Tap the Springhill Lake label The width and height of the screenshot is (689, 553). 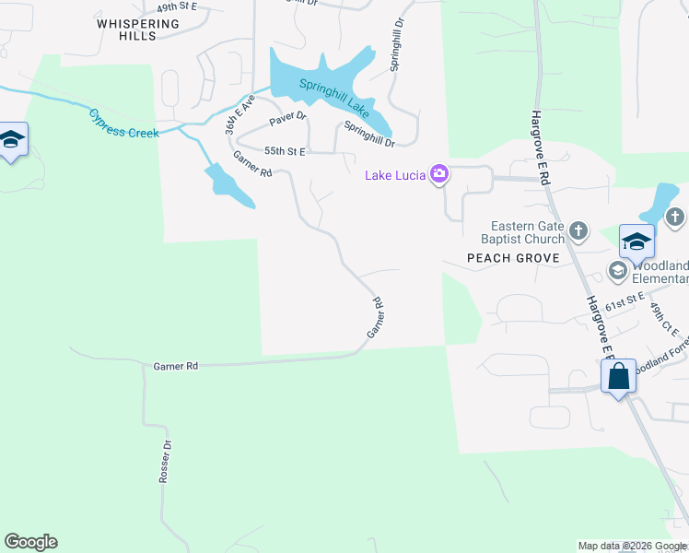coord(333,99)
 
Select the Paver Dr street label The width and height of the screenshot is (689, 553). coord(287,121)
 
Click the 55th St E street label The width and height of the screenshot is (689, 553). coord(285,150)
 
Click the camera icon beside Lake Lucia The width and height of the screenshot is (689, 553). coord(440,173)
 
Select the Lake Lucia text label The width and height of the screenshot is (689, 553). coord(394,175)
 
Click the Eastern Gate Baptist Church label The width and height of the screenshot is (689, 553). coord(526,232)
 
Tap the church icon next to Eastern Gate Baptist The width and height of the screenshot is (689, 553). coord(578,230)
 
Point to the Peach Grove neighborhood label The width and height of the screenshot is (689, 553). coord(513,258)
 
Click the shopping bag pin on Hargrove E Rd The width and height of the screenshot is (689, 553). coord(617,376)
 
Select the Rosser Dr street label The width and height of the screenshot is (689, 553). coord(166,461)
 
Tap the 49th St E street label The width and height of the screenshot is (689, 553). coord(177,6)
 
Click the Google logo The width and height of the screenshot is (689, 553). coord(30,542)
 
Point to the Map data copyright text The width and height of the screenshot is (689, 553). coord(632,546)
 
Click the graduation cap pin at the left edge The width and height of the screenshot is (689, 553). coord(12,140)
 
